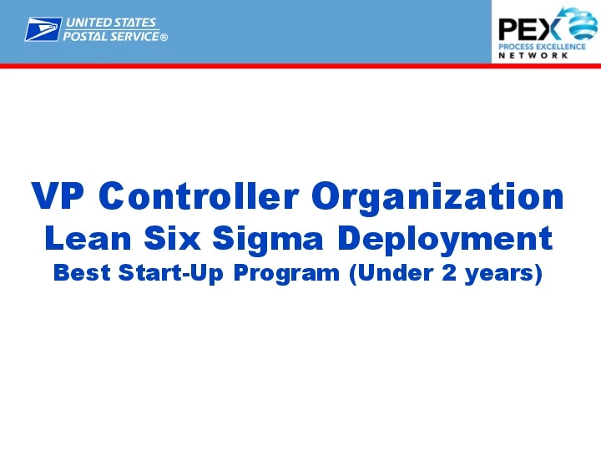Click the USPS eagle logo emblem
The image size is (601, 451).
[x=43, y=30]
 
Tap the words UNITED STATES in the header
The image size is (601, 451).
[x=111, y=23]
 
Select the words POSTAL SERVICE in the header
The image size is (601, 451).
[x=113, y=37]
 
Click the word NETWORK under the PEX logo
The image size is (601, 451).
[x=533, y=56]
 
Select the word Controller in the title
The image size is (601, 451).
[x=199, y=197]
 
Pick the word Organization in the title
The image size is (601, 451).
[x=438, y=197]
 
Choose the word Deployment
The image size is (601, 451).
[x=445, y=240]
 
